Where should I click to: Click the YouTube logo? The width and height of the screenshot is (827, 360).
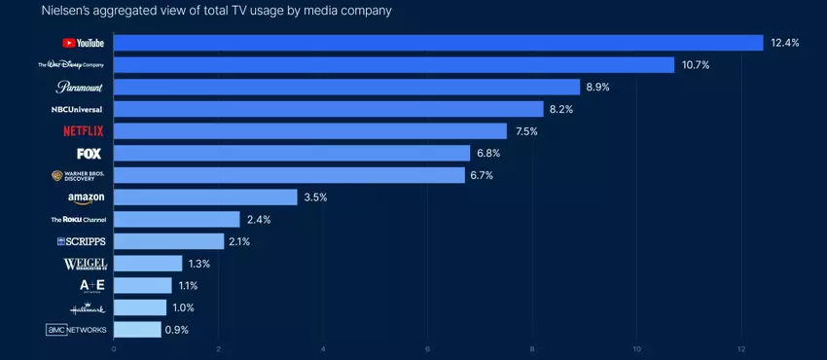83,43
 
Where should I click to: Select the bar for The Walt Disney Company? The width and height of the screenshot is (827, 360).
394,65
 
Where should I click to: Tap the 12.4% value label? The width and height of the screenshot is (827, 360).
784,43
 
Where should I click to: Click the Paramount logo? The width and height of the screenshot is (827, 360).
79,87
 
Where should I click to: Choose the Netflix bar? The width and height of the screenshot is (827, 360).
310,130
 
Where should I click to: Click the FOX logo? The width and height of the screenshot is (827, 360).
89,153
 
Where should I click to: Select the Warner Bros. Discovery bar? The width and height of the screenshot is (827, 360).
289,175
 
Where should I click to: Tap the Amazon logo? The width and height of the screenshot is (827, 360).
86,198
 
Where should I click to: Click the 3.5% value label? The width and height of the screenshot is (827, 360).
316,198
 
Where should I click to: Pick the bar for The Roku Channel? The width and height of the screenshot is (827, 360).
177,220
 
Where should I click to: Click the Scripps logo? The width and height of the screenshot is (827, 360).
81,241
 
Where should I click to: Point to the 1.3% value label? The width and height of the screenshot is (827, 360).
199,264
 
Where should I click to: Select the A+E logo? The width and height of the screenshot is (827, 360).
92,285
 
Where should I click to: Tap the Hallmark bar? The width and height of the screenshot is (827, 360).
140,307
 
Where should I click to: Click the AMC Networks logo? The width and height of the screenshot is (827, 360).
76,330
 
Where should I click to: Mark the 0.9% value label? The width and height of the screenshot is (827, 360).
177,330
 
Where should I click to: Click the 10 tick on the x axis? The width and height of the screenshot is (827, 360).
637,348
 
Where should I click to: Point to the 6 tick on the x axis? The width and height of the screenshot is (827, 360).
428,348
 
